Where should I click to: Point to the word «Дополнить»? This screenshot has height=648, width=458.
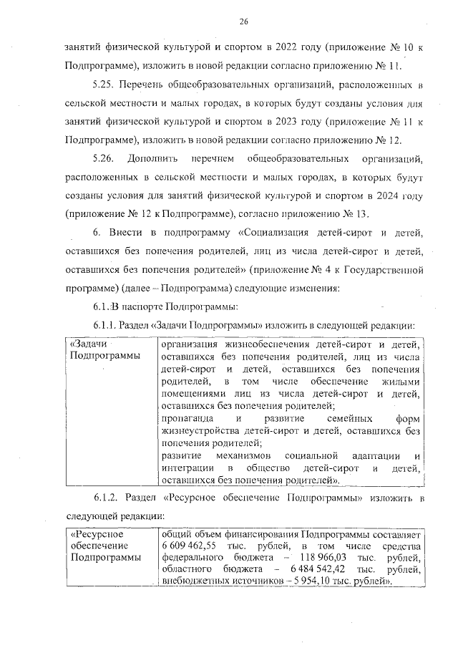tap(156, 157)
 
